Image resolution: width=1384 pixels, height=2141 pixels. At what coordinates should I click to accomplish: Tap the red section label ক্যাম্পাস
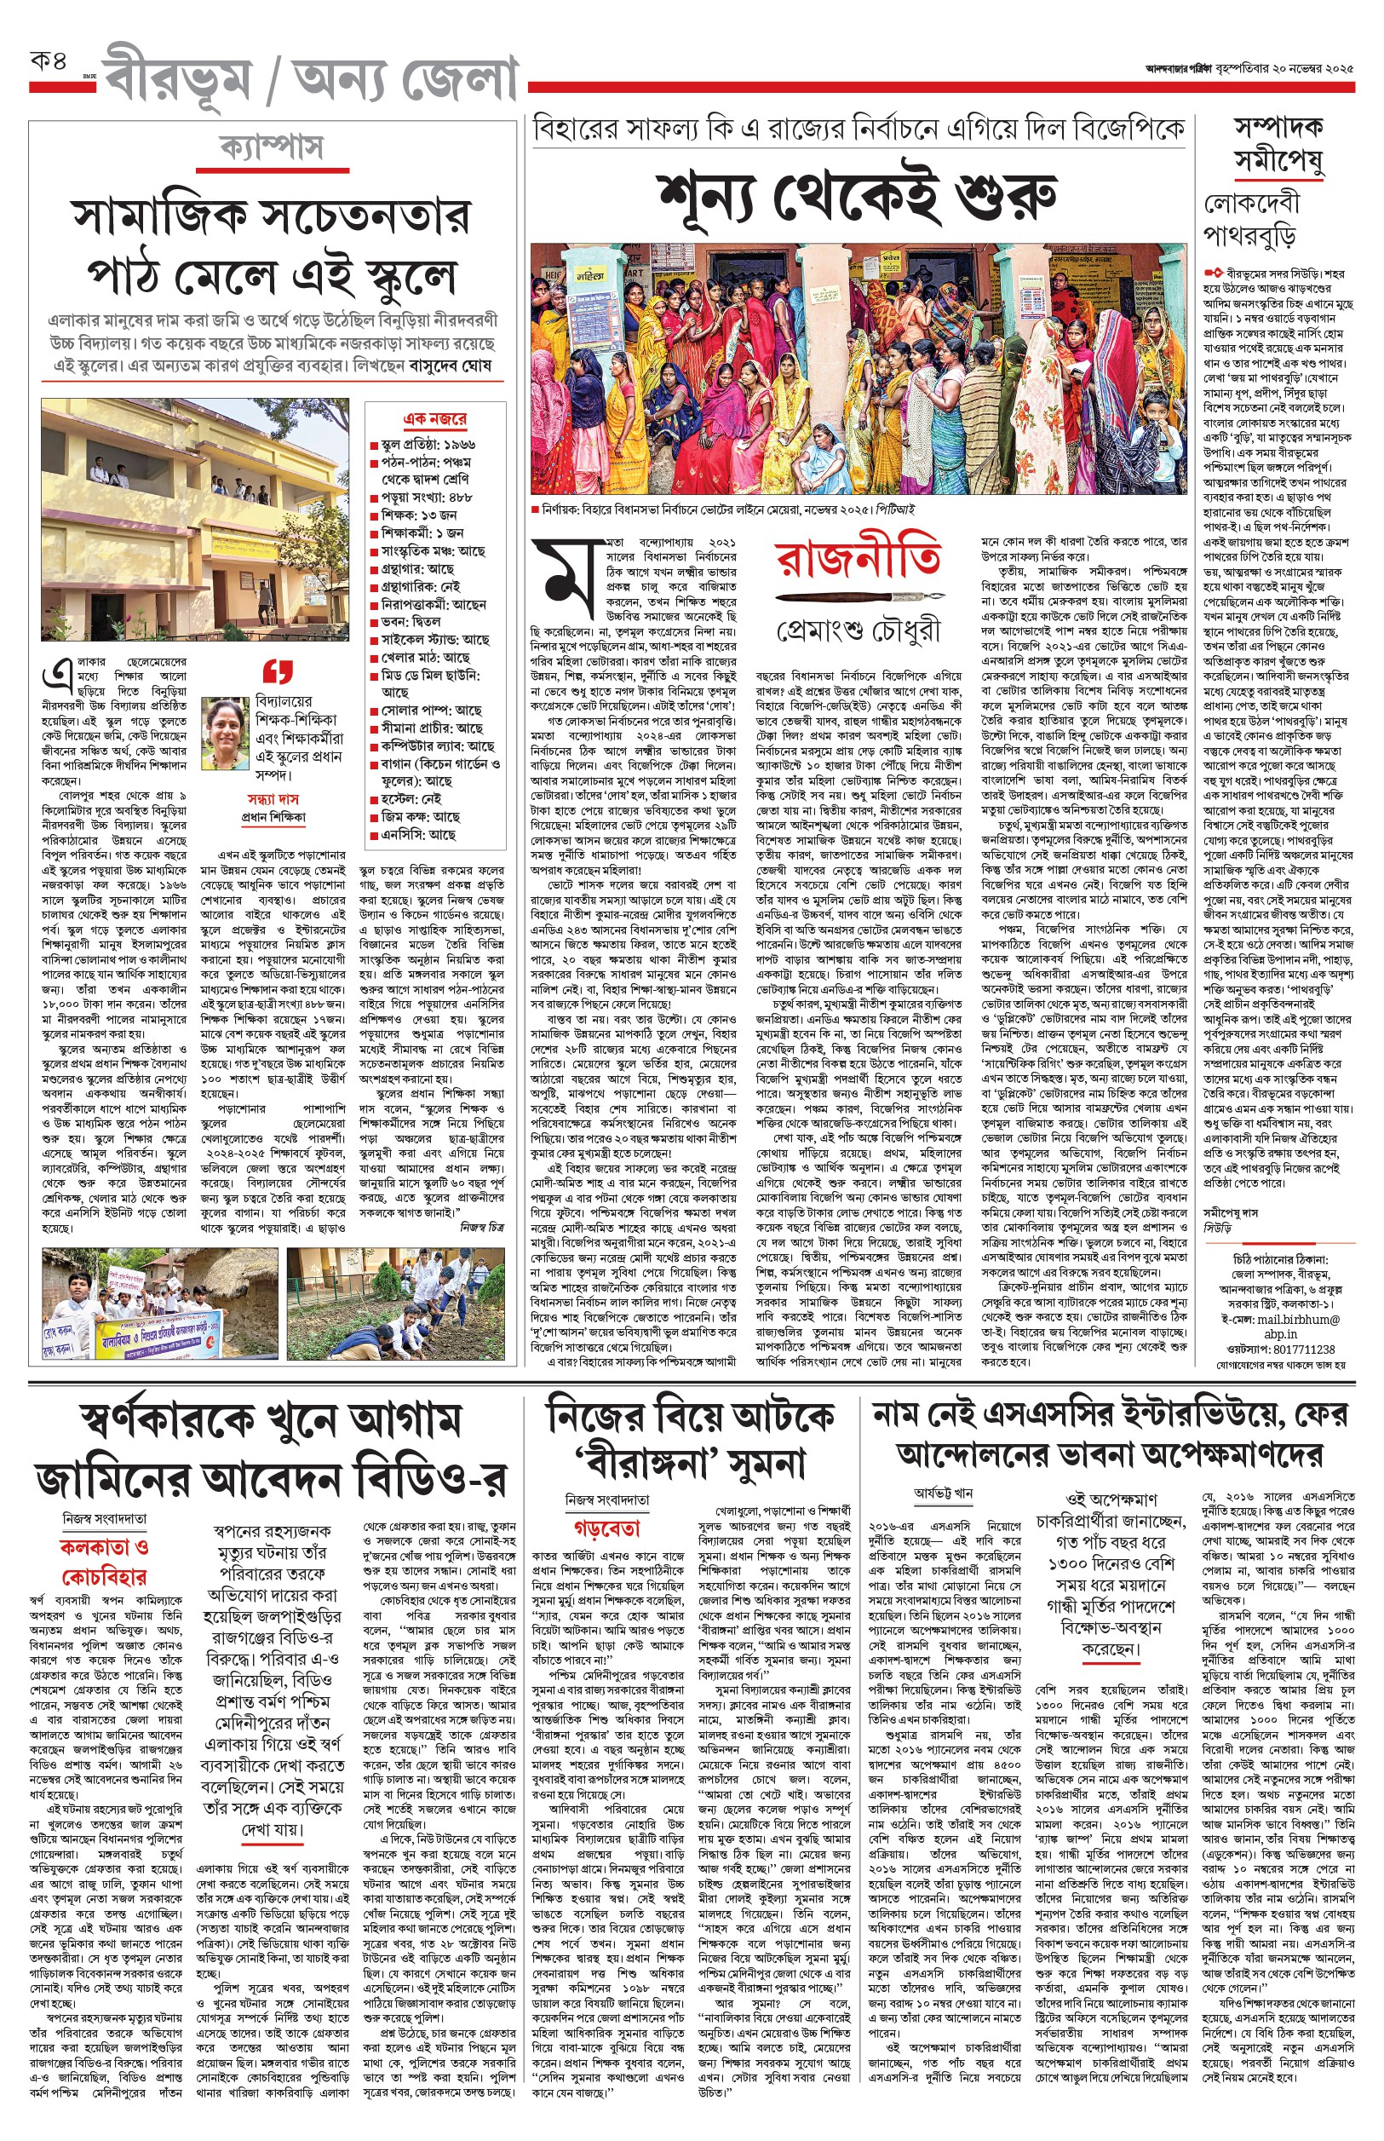[x=272, y=147]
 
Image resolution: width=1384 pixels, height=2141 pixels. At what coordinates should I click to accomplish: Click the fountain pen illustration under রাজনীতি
[x=859, y=597]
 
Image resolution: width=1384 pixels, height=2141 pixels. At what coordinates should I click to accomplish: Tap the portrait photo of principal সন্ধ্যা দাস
[x=226, y=734]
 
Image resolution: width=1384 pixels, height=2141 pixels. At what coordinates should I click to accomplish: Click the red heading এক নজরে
[x=435, y=419]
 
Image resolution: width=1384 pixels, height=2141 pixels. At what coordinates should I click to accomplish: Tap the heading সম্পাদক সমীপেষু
[x=1278, y=144]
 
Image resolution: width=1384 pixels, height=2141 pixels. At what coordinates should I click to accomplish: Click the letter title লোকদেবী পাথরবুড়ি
[x=1250, y=220]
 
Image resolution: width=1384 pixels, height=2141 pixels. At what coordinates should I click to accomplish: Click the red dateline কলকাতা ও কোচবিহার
[x=104, y=1562]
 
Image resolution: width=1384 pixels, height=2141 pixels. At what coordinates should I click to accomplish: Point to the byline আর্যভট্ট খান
[x=943, y=1493]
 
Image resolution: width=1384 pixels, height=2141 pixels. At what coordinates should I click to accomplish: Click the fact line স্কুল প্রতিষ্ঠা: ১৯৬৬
[x=428, y=444]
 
